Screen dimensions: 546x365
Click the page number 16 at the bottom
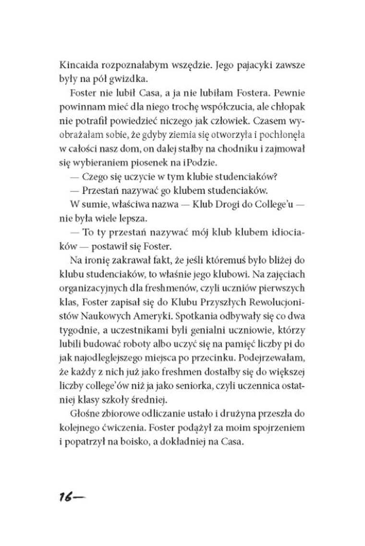click(64, 497)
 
